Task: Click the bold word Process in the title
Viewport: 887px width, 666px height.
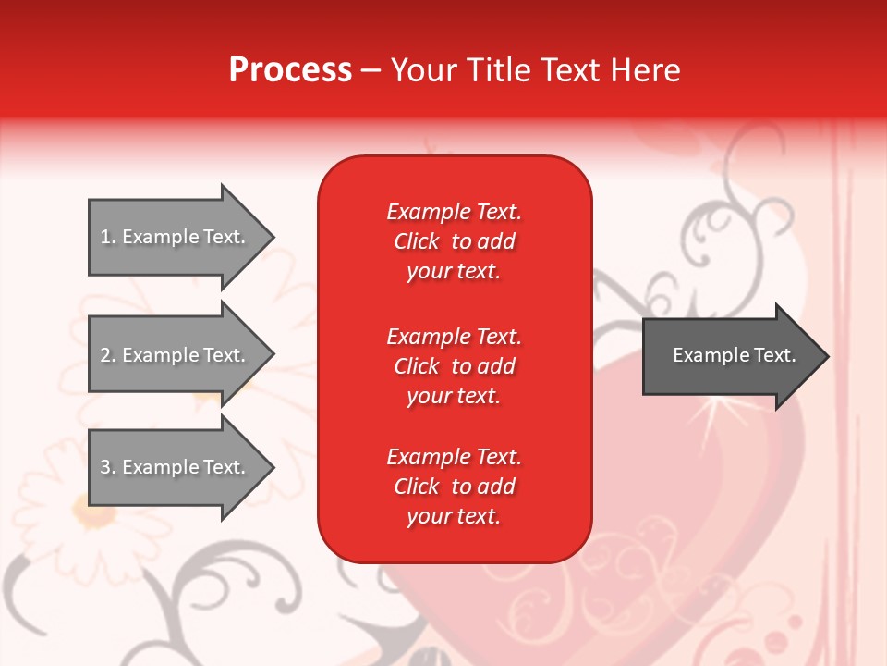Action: (290, 70)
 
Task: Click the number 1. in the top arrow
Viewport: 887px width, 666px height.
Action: (108, 238)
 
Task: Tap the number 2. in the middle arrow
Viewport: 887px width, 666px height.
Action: (108, 355)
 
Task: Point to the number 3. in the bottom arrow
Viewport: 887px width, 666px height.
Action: (108, 468)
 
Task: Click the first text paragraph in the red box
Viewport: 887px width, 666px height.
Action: (454, 241)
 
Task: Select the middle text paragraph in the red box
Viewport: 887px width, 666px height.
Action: (454, 366)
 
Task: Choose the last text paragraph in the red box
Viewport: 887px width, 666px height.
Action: (454, 487)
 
